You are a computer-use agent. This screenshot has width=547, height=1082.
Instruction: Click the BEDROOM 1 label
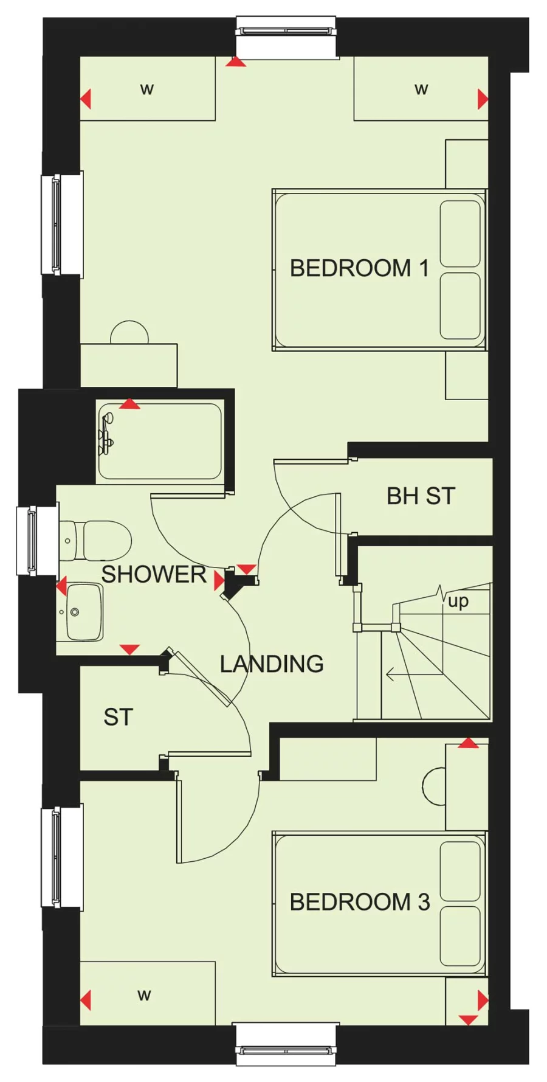359,268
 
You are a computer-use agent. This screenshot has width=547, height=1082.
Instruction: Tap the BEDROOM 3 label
359,902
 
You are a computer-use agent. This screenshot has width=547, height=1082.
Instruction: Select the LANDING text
272,664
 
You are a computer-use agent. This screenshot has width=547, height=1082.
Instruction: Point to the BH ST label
421,496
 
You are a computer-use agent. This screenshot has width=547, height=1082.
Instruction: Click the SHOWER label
153,575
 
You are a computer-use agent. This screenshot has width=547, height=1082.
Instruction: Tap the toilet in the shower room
97,540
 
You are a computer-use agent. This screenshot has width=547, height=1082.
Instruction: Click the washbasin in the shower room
82,612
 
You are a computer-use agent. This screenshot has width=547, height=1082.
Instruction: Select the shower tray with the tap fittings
160,441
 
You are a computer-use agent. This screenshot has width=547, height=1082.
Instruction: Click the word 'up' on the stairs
458,602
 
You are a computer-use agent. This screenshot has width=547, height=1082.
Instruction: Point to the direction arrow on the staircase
413,674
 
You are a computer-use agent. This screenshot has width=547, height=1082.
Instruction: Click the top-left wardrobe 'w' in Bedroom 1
147,89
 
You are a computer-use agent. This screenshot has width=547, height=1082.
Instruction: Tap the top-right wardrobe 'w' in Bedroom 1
421,89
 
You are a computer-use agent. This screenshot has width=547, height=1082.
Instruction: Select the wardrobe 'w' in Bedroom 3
144,995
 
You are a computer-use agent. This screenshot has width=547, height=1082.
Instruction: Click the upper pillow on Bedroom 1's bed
460,234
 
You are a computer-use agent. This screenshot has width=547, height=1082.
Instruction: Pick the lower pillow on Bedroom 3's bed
460,936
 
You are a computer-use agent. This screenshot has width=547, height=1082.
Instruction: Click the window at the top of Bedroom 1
286,29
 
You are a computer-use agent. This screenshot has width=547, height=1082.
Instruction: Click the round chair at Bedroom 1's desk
129,333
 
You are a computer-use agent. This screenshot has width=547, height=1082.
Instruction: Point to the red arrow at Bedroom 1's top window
236,61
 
